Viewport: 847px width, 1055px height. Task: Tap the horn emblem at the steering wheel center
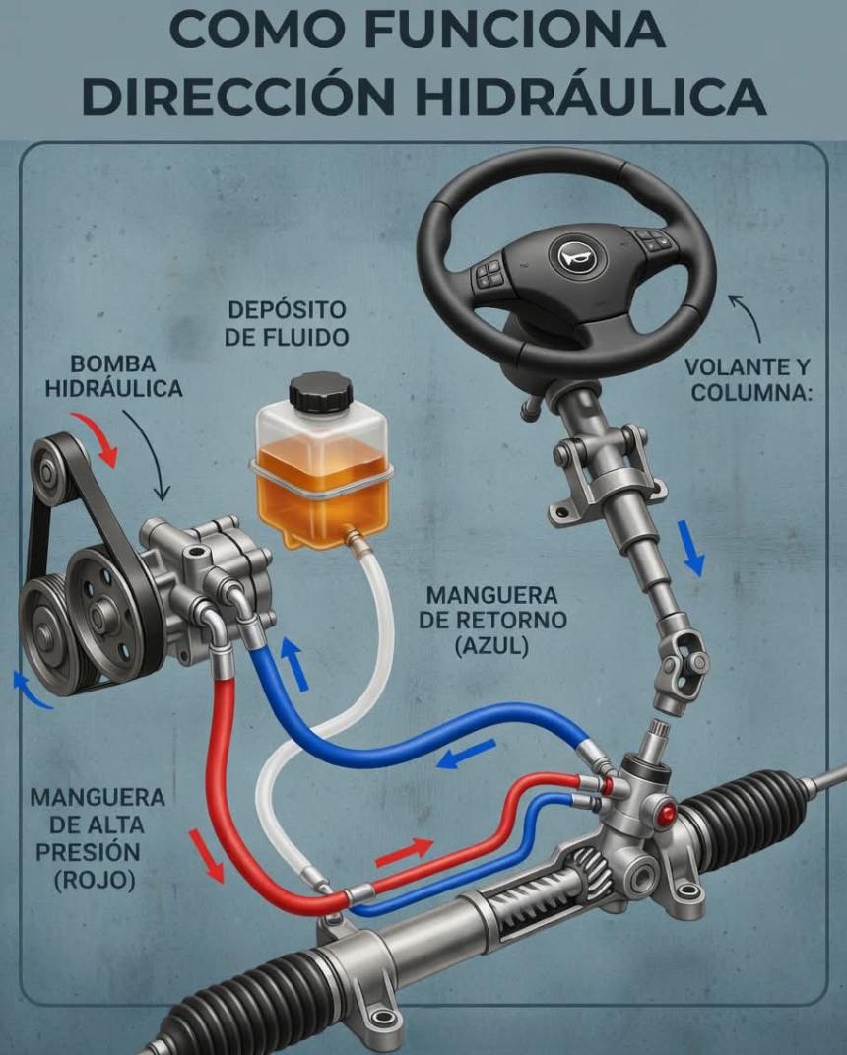point(577,256)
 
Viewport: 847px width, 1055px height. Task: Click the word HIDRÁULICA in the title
point(591,97)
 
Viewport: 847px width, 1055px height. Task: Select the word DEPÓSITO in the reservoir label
point(288,310)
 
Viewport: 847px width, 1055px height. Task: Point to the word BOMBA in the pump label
point(113,364)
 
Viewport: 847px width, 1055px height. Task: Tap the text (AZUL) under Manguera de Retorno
point(491,646)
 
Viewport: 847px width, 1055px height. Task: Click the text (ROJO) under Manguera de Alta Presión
point(95,880)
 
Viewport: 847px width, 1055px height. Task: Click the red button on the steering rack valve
point(668,814)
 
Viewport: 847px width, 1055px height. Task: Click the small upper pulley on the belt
point(47,471)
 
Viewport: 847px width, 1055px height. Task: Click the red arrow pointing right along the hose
point(405,852)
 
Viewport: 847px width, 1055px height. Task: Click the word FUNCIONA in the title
point(518,29)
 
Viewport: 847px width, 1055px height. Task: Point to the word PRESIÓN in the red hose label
point(88,852)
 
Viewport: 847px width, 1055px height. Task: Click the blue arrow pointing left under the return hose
point(466,754)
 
